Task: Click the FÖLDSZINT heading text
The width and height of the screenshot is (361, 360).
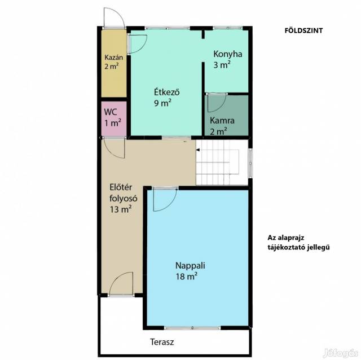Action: tap(303, 30)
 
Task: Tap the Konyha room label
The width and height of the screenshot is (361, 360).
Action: tap(228, 54)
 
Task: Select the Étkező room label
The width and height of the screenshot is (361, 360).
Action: tap(167, 92)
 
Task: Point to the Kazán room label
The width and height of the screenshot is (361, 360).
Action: tap(114, 57)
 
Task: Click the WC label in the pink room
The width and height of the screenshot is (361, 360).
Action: tap(111, 112)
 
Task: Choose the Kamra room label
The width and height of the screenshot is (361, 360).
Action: tap(222, 120)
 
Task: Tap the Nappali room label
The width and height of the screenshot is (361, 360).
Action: tap(190, 265)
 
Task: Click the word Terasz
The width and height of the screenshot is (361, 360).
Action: tap(162, 342)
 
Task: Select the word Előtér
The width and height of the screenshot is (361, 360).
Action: tap(121, 187)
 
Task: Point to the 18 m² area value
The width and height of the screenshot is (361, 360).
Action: tap(187, 276)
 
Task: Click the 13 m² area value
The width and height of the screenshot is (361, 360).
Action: tap(121, 209)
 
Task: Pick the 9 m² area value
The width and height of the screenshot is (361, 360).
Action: tap(162, 103)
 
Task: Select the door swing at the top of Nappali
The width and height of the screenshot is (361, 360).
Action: tap(165, 200)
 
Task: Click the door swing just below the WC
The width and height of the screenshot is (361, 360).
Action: tap(114, 148)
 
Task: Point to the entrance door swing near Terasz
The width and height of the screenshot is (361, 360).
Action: tap(121, 284)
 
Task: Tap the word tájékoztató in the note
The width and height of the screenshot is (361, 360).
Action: tap(285, 248)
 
